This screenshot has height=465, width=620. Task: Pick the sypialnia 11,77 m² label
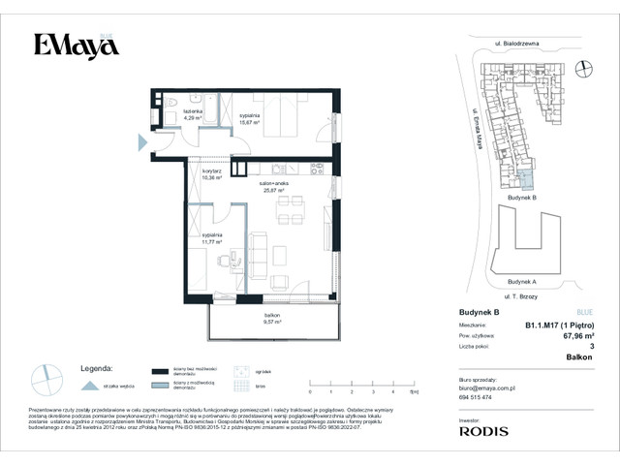tap(213, 237)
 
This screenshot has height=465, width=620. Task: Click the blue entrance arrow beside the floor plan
tap(142, 142)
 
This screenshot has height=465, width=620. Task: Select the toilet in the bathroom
tap(169, 101)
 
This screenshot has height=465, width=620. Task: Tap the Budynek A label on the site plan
tap(521, 282)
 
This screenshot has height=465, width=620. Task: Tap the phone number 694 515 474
tap(475, 398)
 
